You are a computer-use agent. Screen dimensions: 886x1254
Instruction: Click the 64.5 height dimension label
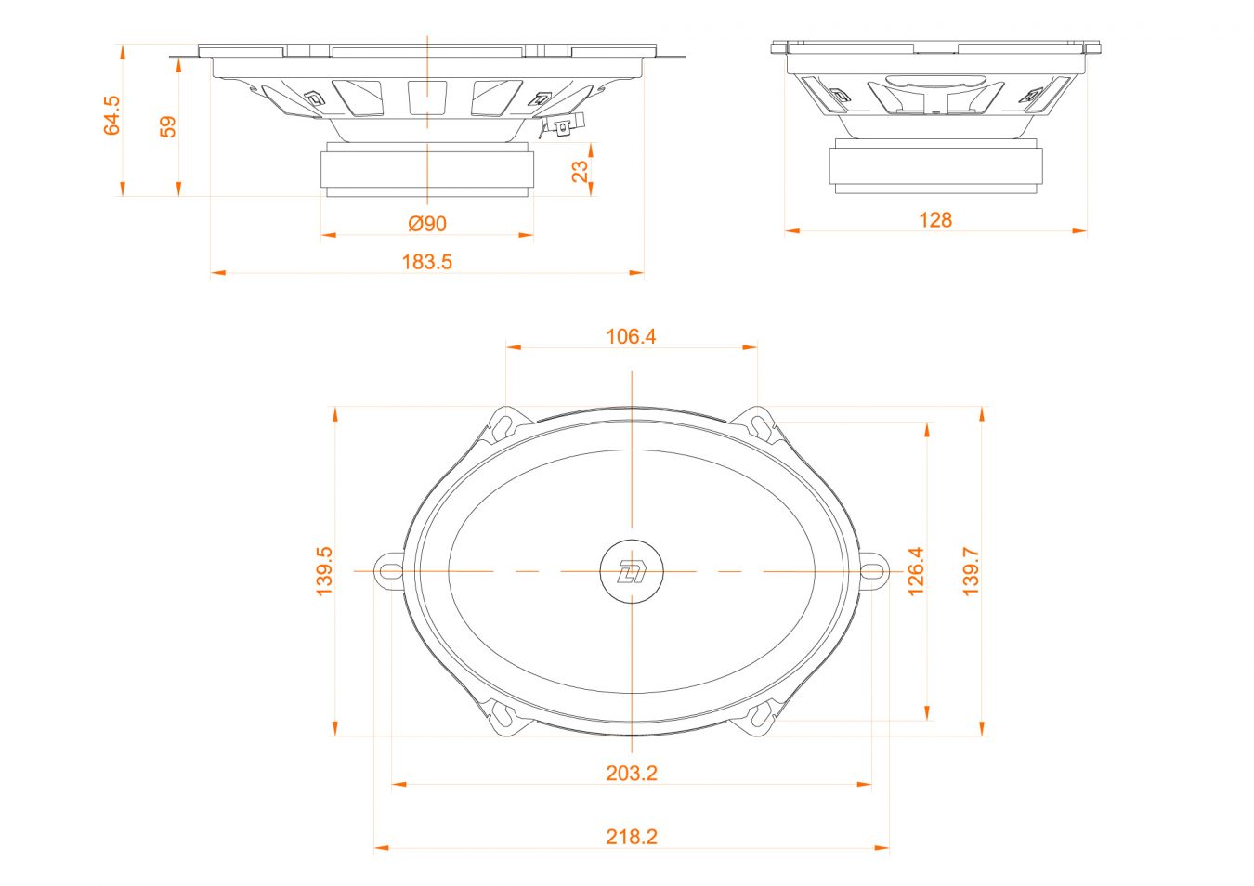(112, 115)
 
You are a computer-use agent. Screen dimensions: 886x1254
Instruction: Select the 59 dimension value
(168, 126)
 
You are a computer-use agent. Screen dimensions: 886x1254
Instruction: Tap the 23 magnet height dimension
(580, 171)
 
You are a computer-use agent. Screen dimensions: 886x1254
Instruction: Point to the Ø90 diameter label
(427, 224)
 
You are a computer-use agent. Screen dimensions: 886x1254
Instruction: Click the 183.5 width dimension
(426, 262)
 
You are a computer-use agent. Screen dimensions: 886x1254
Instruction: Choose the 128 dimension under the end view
(934, 220)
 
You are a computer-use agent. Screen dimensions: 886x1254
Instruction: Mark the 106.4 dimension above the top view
(631, 336)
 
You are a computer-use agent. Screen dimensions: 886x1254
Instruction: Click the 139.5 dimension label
(323, 571)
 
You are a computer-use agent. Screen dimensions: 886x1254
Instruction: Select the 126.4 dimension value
(915, 571)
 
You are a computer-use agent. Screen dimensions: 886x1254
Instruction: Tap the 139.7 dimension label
(971, 571)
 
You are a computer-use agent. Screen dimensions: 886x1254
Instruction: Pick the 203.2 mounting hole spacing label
(631, 773)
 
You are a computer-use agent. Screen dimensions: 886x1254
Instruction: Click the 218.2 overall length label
(631, 837)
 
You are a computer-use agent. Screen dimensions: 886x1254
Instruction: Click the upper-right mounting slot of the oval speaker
(760, 424)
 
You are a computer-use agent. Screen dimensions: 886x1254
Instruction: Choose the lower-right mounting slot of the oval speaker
(760, 717)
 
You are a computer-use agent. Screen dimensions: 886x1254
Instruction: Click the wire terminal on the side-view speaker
(561, 126)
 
